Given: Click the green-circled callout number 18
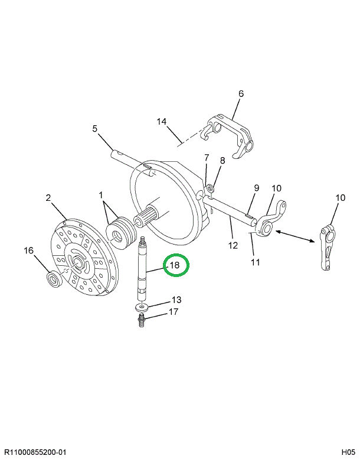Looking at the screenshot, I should click(x=175, y=266).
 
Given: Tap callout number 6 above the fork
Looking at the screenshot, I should click(x=241, y=94).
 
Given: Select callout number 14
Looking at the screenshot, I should click(x=162, y=122).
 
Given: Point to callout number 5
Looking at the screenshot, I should click(x=94, y=129).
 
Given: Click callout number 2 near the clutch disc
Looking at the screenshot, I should click(x=48, y=198).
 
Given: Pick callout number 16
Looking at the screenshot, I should click(x=28, y=250).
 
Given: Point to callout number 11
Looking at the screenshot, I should click(x=255, y=262).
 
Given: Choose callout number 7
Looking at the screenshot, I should click(x=207, y=158).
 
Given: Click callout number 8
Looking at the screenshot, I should click(x=222, y=161).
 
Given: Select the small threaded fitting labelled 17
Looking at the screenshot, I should click(x=142, y=321).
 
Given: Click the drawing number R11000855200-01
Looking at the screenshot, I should click(x=36, y=453).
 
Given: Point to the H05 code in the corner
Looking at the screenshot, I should click(x=347, y=453).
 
